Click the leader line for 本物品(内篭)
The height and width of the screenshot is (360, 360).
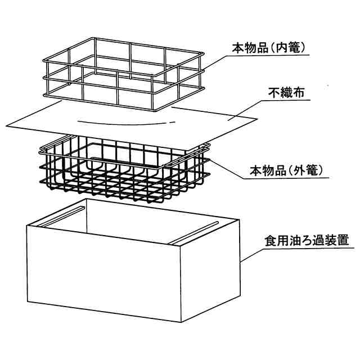pyautogui.click(x=217, y=62)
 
